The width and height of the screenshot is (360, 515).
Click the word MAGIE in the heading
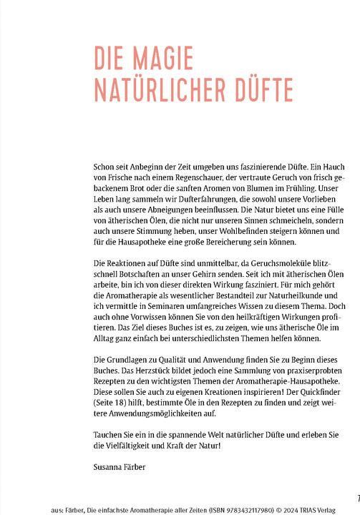(165, 59)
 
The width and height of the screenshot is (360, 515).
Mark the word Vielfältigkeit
(132, 445)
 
